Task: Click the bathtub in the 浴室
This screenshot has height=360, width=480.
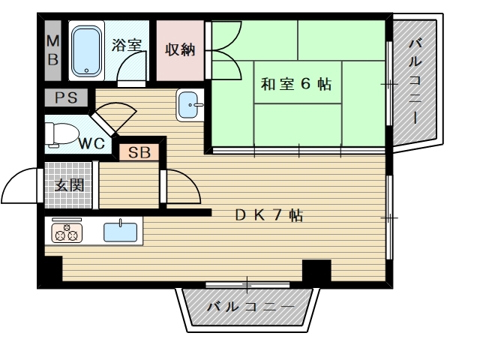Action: tap(86, 50)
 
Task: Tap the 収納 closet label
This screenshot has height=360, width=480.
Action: tap(180, 49)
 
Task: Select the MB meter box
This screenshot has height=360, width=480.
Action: tap(53, 50)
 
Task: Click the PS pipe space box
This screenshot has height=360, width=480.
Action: tap(66, 97)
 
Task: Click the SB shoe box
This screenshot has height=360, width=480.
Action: tap(139, 152)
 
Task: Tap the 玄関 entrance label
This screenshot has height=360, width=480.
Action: tap(69, 185)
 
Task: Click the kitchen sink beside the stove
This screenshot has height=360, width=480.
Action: tap(120, 232)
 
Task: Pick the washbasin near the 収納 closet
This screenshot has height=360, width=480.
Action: tap(190, 105)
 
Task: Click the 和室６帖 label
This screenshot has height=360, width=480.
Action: tap(296, 84)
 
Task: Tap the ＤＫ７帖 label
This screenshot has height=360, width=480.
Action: tap(269, 215)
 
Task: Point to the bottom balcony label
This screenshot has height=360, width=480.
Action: tap(250, 306)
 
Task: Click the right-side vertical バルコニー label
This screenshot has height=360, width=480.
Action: tap(415, 81)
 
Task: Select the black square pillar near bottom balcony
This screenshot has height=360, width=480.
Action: tap(316, 271)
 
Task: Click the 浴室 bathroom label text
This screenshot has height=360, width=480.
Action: tap(126, 45)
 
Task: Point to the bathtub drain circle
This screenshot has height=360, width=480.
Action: tap(87, 70)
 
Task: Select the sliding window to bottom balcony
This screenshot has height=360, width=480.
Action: tap(247, 285)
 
